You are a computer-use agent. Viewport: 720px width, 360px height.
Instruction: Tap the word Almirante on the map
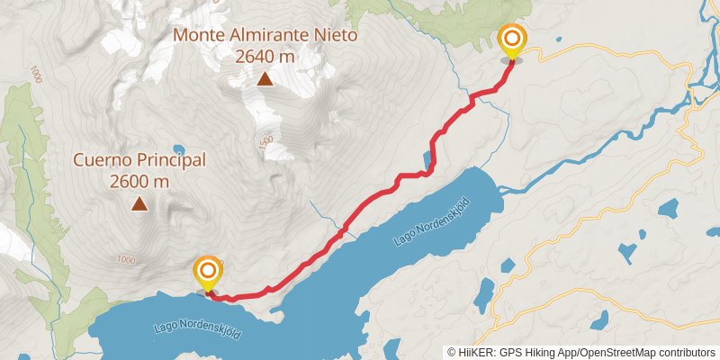click(x=269, y=36)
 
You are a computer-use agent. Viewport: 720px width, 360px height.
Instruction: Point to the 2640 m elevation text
click(x=265, y=57)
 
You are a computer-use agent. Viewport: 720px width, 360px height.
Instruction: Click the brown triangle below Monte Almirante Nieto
click(x=265, y=79)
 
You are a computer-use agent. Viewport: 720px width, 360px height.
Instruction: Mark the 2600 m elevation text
click(x=139, y=181)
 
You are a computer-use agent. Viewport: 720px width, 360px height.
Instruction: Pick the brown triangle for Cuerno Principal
click(x=139, y=204)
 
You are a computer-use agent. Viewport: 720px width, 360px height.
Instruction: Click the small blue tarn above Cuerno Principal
click(x=180, y=149)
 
